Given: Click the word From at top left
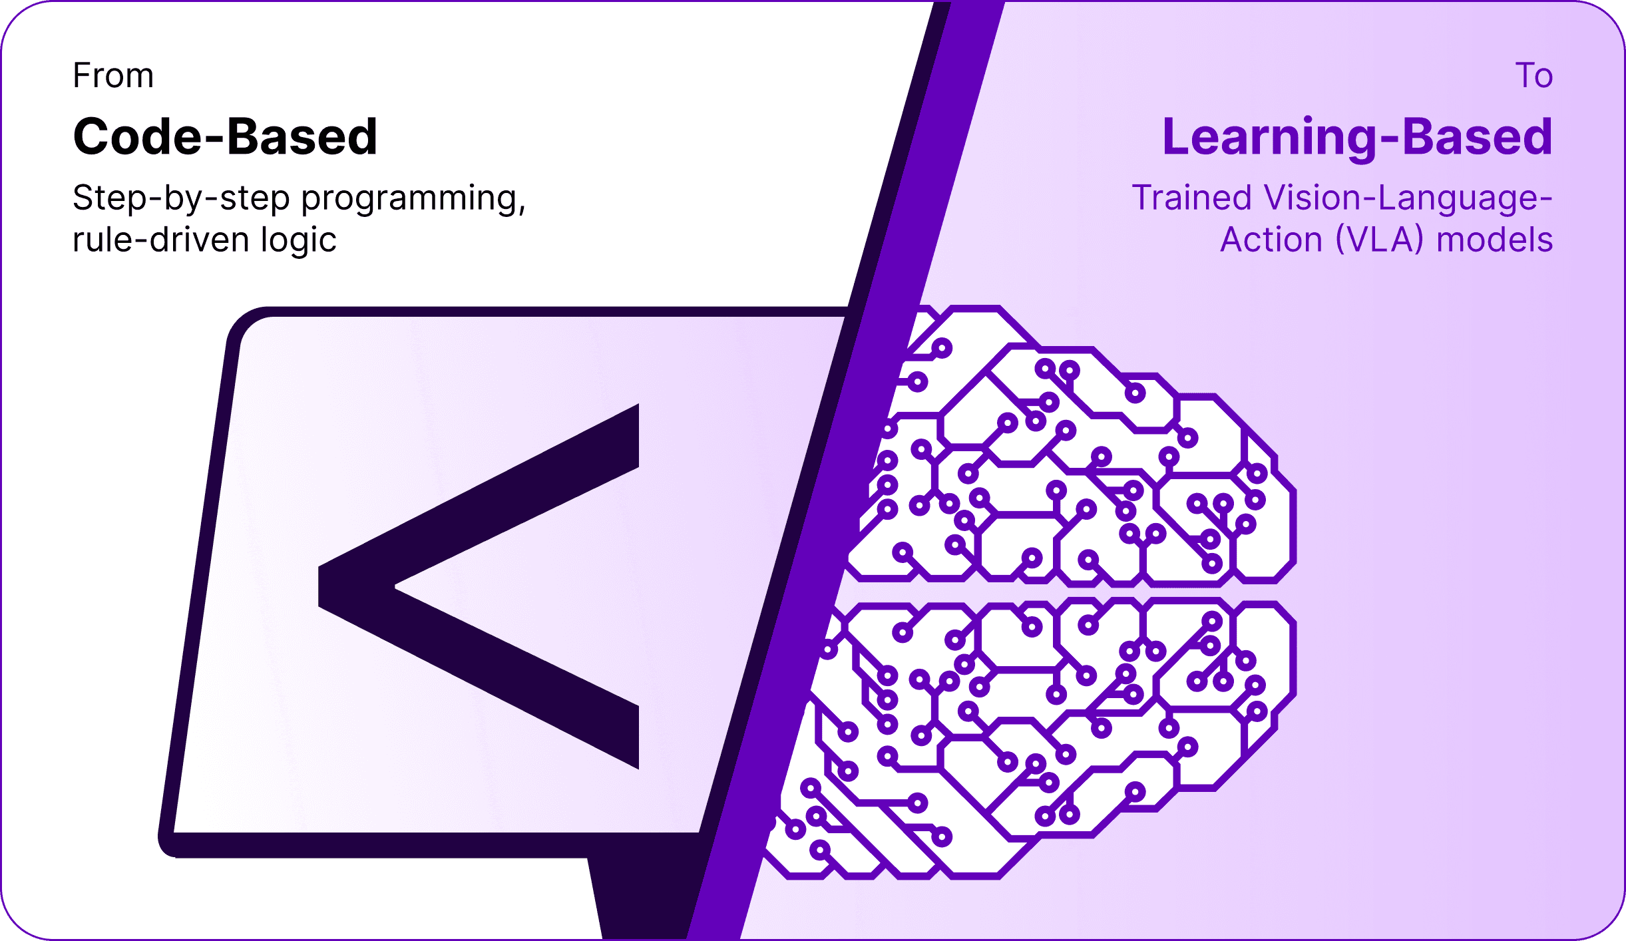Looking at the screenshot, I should [113, 76].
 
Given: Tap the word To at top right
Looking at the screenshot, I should [1533, 76].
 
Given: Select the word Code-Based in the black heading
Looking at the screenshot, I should [225, 137].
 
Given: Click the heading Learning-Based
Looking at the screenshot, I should [1357, 137].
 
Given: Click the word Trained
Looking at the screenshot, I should [1191, 198].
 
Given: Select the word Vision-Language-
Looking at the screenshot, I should [1408, 199].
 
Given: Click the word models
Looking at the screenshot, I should [1494, 240].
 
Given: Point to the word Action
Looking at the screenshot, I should [1271, 240].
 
